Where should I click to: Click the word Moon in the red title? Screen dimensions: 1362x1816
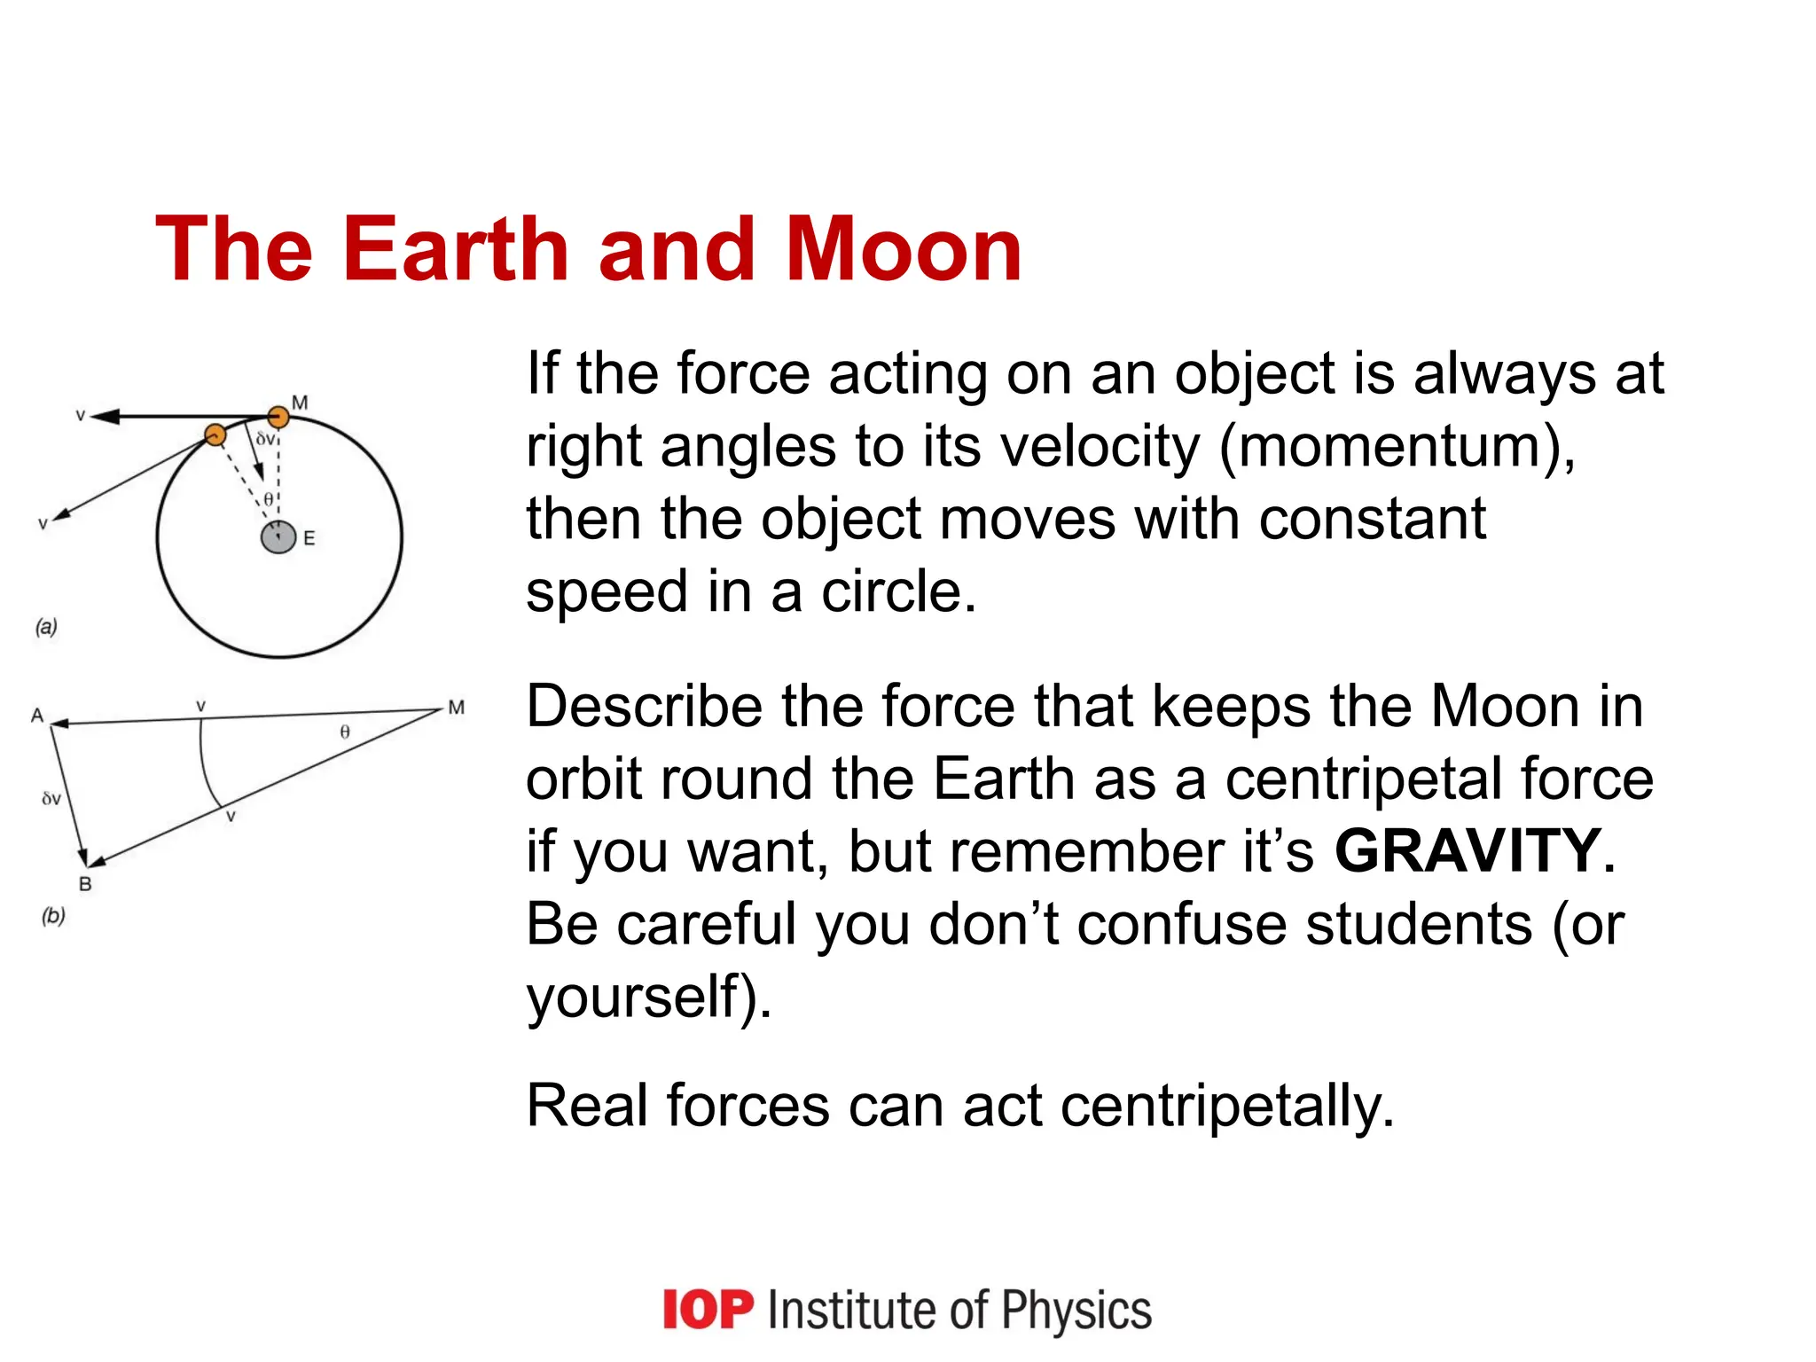[904, 250]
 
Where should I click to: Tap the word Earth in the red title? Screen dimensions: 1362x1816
[455, 250]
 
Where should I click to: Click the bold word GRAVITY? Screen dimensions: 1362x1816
[1468, 851]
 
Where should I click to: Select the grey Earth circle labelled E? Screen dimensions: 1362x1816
[278, 537]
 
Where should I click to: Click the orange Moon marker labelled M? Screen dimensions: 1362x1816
[278, 417]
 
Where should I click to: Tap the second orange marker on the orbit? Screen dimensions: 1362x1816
[215, 434]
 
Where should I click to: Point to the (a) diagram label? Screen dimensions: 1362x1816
[46, 627]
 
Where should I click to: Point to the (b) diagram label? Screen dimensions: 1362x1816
[53, 915]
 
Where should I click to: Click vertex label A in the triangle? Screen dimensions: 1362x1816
[36, 716]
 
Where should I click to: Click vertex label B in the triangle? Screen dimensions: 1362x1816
[85, 884]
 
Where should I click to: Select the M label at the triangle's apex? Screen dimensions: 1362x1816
[456, 708]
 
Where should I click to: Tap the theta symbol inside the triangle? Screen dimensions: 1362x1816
[345, 732]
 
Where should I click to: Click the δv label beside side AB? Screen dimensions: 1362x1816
[51, 799]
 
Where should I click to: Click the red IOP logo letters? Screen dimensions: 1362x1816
[708, 1310]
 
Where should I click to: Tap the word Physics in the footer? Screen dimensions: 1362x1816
[1076, 1310]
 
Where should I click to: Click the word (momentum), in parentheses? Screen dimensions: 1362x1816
[1397, 446]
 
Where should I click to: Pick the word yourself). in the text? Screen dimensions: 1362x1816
[648, 997]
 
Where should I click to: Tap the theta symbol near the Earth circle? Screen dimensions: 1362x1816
[269, 500]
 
